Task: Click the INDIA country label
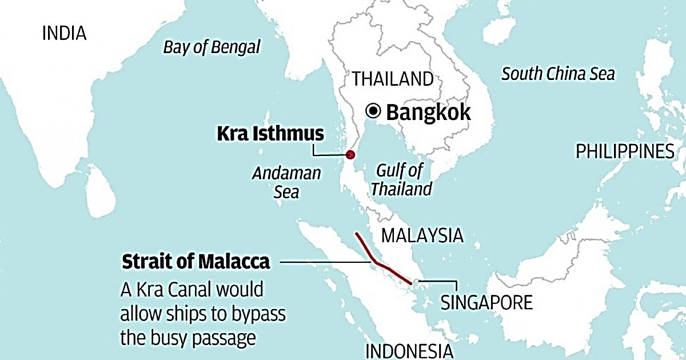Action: pyautogui.click(x=65, y=34)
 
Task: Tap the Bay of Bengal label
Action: pyautogui.click(x=212, y=47)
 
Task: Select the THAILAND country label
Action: pyautogui.click(x=392, y=79)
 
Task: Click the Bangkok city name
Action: pyautogui.click(x=428, y=112)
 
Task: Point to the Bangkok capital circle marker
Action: pyautogui.click(x=374, y=111)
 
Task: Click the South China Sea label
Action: pyautogui.click(x=558, y=74)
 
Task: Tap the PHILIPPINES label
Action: pyautogui.click(x=625, y=151)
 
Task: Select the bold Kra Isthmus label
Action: pyautogui.click(x=270, y=134)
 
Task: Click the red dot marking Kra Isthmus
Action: pyautogui.click(x=350, y=155)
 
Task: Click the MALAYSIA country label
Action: pyautogui.click(x=422, y=235)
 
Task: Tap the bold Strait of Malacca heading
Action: pyautogui.click(x=196, y=262)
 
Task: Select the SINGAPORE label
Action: pyautogui.click(x=486, y=302)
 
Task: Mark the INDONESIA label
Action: pyautogui.click(x=409, y=350)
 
